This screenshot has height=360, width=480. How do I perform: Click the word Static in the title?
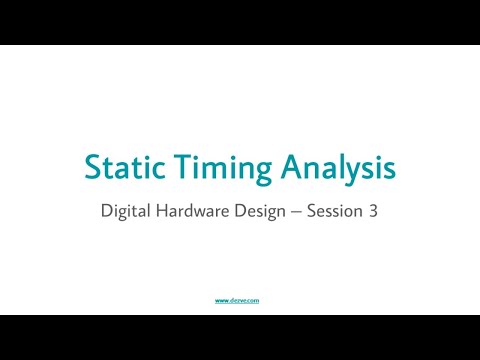point(119,167)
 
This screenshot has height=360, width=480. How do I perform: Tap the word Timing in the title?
point(211,167)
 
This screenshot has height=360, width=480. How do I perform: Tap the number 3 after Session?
point(373,211)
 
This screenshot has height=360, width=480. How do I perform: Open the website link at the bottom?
point(239,299)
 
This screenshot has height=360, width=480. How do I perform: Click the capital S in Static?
point(91,167)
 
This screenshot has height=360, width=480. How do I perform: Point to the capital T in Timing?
point(173,167)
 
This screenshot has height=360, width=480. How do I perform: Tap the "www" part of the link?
point(223,299)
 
